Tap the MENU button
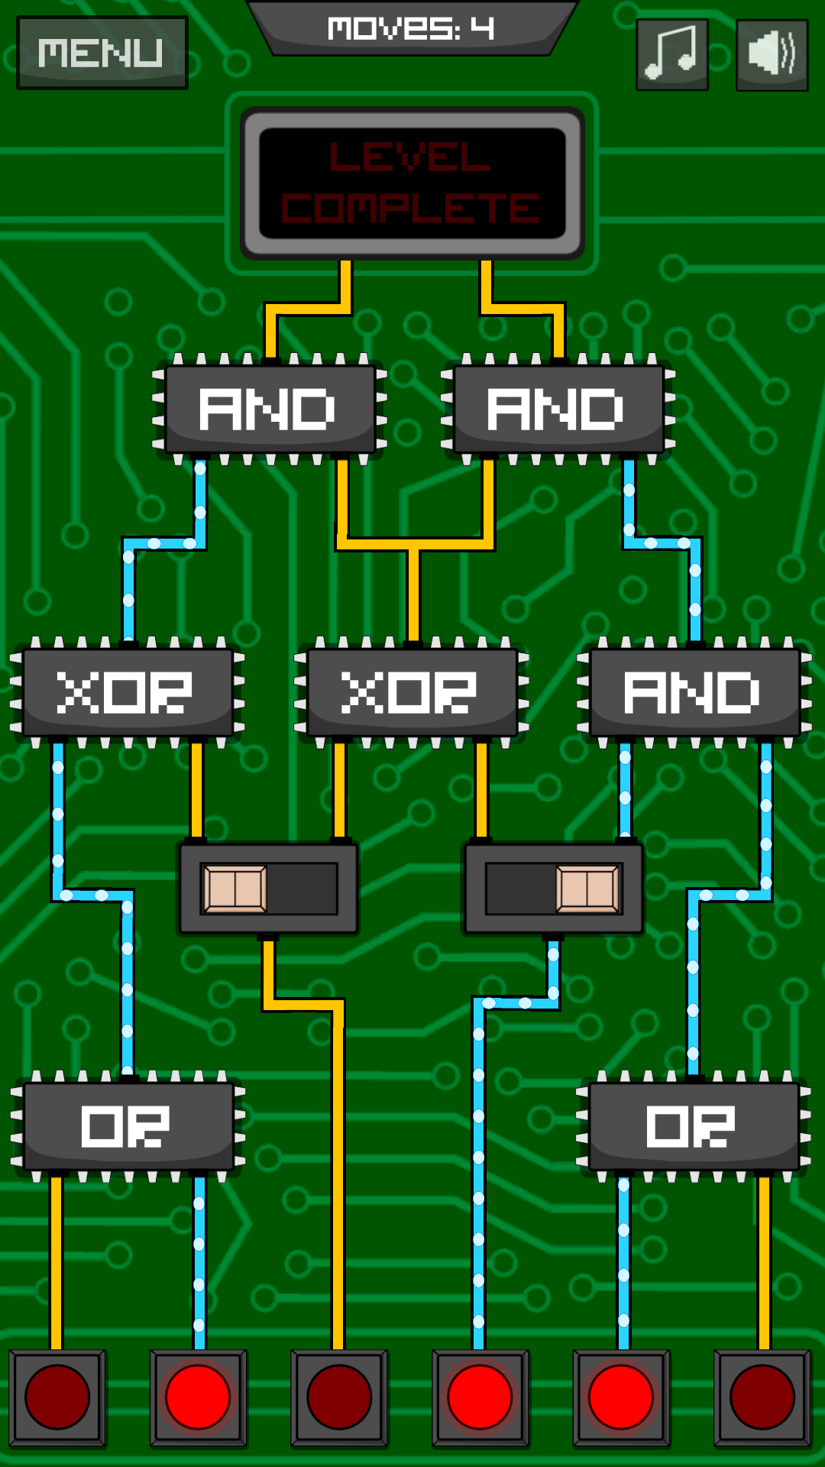point(102,53)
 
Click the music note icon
point(671,53)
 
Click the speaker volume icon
point(772,54)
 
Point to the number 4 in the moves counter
point(482,28)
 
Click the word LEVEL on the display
point(410,157)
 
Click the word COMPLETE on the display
point(410,208)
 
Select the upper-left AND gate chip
point(269,409)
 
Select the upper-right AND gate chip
point(558,409)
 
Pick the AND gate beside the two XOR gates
point(694,692)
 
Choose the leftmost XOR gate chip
point(126,692)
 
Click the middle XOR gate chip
point(411,692)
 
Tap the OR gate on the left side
point(128,1126)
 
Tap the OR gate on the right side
point(692,1126)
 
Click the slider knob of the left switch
point(235,889)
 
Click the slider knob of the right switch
point(587,889)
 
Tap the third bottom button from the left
point(338,1397)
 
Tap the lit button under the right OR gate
point(621,1397)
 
